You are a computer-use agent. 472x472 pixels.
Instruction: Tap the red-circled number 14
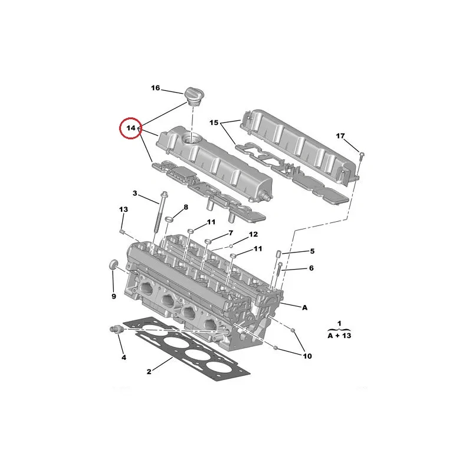[x=131, y=128]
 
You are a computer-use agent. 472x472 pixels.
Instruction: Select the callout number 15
[x=214, y=123]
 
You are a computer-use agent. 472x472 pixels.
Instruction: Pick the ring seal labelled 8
[x=169, y=219]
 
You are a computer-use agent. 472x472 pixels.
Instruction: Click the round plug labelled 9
[x=113, y=264]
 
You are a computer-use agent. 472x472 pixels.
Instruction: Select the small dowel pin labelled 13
[x=122, y=231]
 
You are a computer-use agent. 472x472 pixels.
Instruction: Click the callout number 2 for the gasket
[x=149, y=372]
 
